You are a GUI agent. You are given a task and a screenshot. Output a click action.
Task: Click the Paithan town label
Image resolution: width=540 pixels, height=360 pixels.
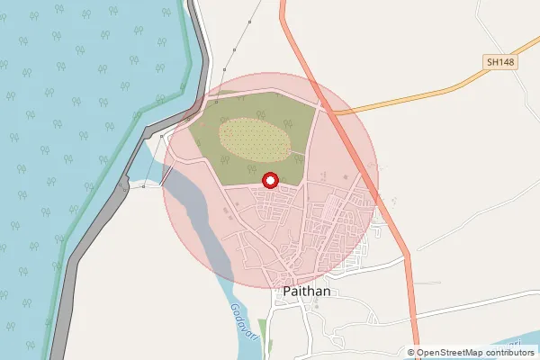(307, 292)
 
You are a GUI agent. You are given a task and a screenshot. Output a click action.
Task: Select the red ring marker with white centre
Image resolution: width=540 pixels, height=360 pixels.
(269, 181)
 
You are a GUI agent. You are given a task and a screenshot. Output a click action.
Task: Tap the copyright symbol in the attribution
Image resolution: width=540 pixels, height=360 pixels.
(411, 352)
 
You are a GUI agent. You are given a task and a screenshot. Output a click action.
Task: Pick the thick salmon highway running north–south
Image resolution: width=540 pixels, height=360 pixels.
(396, 225)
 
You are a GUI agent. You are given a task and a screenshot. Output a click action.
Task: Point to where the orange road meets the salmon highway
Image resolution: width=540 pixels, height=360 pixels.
(328, 112)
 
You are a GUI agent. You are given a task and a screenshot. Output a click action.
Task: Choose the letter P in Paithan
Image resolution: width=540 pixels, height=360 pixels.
(287, 292)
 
